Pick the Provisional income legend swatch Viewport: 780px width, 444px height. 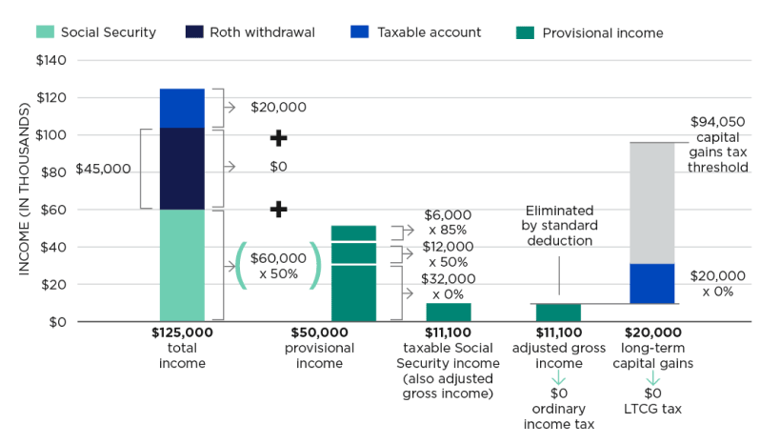point(524,32)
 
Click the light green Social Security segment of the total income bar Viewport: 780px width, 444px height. point(182,265)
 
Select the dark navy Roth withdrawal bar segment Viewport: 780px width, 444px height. point(182,168)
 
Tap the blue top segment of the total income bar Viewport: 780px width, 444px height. point(182,108)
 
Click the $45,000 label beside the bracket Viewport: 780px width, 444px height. point(103,169)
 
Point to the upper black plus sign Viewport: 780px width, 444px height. point(278,138)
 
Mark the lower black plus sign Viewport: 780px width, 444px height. point(278,209)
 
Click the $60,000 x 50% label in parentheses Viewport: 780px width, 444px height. point(278,266)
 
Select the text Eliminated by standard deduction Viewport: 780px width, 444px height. point(559,226)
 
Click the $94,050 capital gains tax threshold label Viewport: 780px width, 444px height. point(718,144)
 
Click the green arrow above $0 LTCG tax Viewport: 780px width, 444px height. point(652,379)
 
